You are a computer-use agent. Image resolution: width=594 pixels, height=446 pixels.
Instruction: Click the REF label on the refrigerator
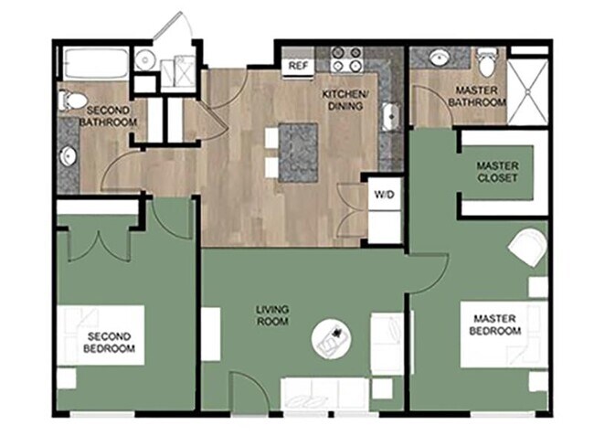297,66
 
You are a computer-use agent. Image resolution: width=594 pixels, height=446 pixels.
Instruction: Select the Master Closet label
498,172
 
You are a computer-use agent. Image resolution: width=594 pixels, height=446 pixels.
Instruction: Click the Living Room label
272,316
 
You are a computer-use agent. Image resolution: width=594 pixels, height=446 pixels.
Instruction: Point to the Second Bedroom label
110,343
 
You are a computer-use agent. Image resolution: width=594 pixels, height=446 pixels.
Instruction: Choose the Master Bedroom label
496,324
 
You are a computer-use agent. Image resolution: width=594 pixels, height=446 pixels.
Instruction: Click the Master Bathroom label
477,98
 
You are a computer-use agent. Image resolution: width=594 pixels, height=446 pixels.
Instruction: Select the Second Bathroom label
107,116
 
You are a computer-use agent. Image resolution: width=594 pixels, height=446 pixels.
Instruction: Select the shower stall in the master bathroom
527,90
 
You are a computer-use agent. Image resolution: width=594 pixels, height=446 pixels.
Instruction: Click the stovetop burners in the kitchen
347,60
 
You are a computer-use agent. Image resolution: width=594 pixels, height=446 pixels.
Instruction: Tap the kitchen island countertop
298,152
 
